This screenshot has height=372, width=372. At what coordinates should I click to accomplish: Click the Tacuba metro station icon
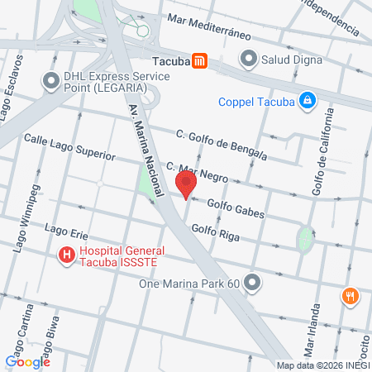coord(199,60)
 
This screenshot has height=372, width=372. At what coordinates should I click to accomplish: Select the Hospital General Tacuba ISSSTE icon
coord(67,256)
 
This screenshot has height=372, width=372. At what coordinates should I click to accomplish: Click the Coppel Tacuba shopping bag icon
coord(307,101)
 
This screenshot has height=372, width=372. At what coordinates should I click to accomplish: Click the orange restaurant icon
coord(351,295)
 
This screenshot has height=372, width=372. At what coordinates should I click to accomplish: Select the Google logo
coord(28,360)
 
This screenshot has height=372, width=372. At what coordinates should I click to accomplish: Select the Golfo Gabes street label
coord(236,207)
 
